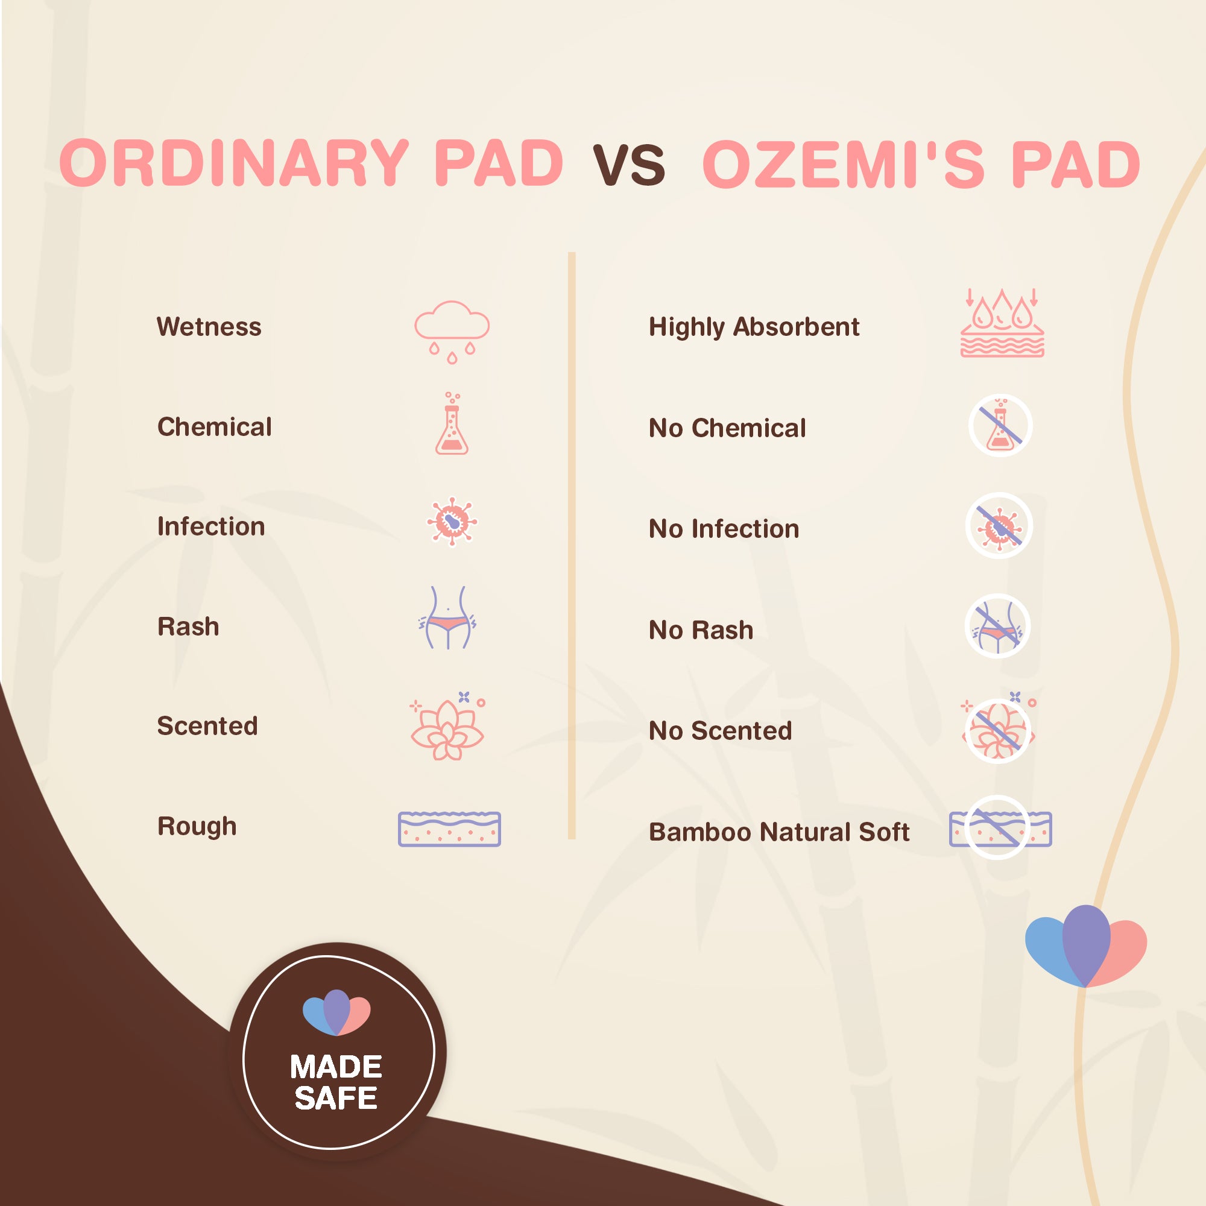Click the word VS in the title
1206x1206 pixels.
[x=628, y=165]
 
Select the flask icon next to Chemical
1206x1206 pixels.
[x=452, y=425]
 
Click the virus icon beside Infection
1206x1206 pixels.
[x=452, y=522]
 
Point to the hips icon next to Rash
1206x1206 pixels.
[x=447, y=618]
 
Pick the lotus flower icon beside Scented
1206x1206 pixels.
[x=447, y=727]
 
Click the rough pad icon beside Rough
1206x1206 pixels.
[x=449, y=829]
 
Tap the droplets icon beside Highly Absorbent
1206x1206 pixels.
[x=1002, y=323]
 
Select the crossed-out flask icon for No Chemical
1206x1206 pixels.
[x=1000, y=426]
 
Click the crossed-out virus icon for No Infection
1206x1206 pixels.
[x=999, y=526]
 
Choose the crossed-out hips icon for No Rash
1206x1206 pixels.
[x=997, y=626]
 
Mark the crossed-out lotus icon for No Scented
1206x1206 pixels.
[x=997, y=729]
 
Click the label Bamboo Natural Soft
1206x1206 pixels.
[x=779, y=832]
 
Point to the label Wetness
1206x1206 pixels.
[x=209, y=327]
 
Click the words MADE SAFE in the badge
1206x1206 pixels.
[x=336, y=1082]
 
